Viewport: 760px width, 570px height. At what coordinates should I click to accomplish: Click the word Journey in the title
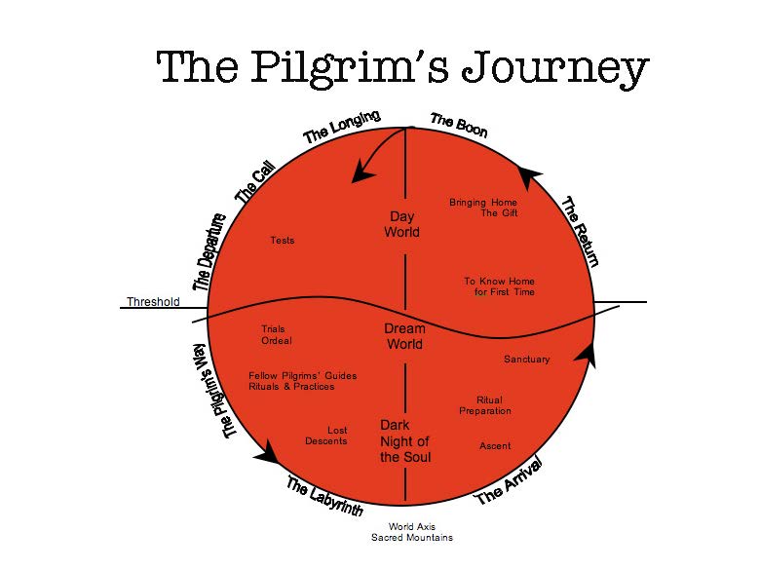click(555, 69)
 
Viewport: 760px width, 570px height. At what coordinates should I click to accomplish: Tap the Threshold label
click(153, 301)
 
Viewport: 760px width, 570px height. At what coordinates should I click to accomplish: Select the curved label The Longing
click(342, 127)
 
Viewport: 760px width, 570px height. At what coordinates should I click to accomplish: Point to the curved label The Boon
click(459, 125)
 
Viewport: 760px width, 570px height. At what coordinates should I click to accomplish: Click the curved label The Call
click(255, 182)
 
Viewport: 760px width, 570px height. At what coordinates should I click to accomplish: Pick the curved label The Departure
click(209, 252)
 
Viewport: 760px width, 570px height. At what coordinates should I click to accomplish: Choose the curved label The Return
click(580, 231)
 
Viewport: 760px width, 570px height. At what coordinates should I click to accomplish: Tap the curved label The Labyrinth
click(324, 495)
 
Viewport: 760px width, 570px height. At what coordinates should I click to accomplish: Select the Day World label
click(401, 224)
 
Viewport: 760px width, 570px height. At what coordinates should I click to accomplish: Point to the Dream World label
click(404, 336)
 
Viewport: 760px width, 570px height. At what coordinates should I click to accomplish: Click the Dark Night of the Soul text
click(405, 440)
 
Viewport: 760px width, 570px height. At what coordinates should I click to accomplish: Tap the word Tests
click(283, 241)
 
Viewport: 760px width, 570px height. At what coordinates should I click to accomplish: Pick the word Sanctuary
click(526, 360)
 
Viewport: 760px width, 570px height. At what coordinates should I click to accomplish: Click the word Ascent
click(495, 446)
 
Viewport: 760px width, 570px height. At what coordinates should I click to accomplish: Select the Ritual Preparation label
click(485, 405)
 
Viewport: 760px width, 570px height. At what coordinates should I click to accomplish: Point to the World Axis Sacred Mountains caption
click(412, 532)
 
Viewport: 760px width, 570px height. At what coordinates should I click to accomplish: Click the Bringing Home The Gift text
click(483, 208)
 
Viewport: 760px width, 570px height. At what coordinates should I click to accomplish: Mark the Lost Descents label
click(326, 436)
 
